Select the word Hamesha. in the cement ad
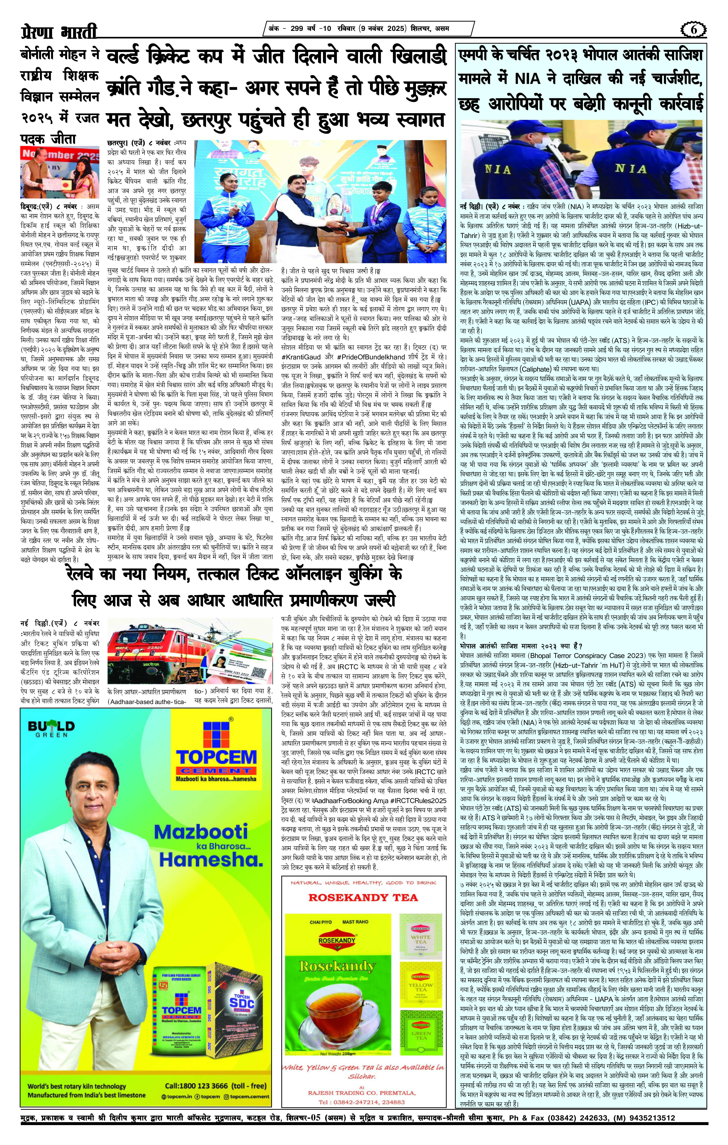click(210, 860)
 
